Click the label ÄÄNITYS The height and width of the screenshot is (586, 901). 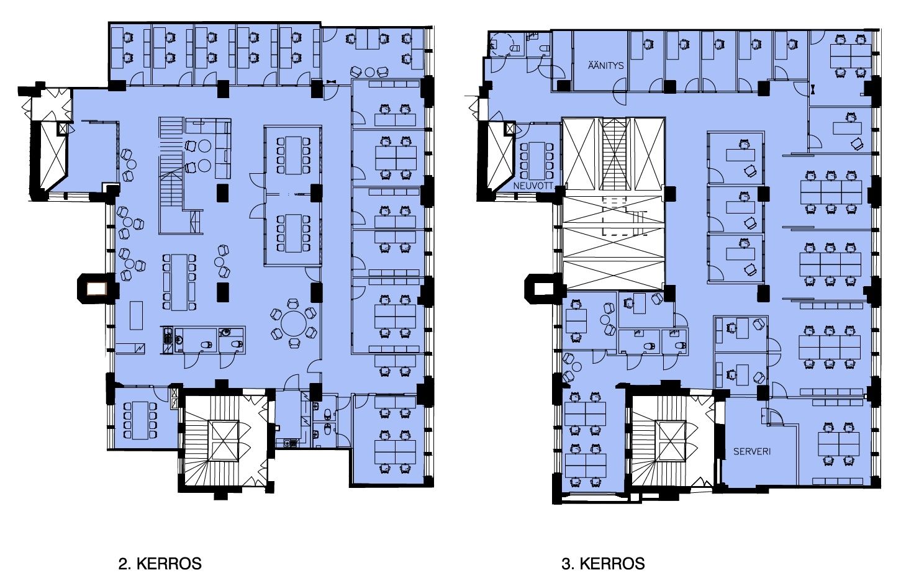click(605, 65)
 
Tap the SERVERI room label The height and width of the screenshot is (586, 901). click(752, 451)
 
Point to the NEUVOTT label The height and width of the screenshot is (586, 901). click(533, 186)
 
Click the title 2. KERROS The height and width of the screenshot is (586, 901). click(160, 564)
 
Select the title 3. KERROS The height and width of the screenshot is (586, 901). click(603, 564)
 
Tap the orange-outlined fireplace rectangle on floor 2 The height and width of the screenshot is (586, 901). click(96, 289)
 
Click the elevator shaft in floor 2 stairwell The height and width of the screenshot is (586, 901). click(224, 440)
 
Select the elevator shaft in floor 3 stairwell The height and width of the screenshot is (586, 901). click(670, 440)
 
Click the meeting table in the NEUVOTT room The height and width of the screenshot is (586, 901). click(537, 161)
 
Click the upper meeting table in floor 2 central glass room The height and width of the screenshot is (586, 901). click(293, 155)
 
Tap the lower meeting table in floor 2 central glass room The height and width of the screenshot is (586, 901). click(293, 233)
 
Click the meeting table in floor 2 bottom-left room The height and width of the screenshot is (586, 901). click(140, 420)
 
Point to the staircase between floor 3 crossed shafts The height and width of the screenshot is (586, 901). click(614, 154)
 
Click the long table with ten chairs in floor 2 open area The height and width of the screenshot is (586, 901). click(179, 282)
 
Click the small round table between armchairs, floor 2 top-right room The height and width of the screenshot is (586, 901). click(369, 73)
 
